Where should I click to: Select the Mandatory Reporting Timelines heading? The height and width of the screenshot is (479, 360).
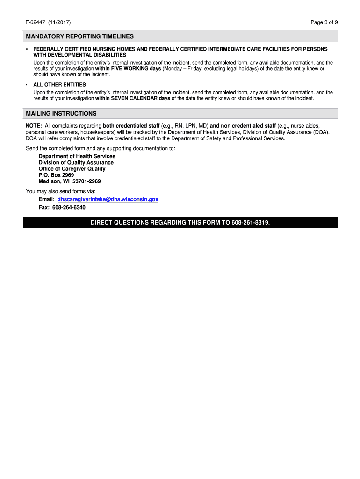coord(80,36)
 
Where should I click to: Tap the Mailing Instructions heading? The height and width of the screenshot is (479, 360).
coord(61,114)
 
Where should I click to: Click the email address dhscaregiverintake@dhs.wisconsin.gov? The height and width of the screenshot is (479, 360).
coord(108,199)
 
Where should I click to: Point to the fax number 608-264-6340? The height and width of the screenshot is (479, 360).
coord(69,207)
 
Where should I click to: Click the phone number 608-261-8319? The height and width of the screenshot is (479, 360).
coord(250,223)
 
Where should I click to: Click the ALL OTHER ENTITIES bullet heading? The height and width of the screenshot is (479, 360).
coord(59,85)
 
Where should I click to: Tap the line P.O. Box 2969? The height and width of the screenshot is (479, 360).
coord(56,175)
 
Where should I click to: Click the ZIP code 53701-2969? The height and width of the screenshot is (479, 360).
coord(86,181)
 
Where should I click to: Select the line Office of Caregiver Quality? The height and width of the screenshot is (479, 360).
coord(72,169)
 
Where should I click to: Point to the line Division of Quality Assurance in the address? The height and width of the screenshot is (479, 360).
coord(76,163)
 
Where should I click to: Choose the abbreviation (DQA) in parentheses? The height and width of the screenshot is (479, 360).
coord(321,132)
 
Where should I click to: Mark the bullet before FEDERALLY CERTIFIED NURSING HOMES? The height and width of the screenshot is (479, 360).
coord(27,49)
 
